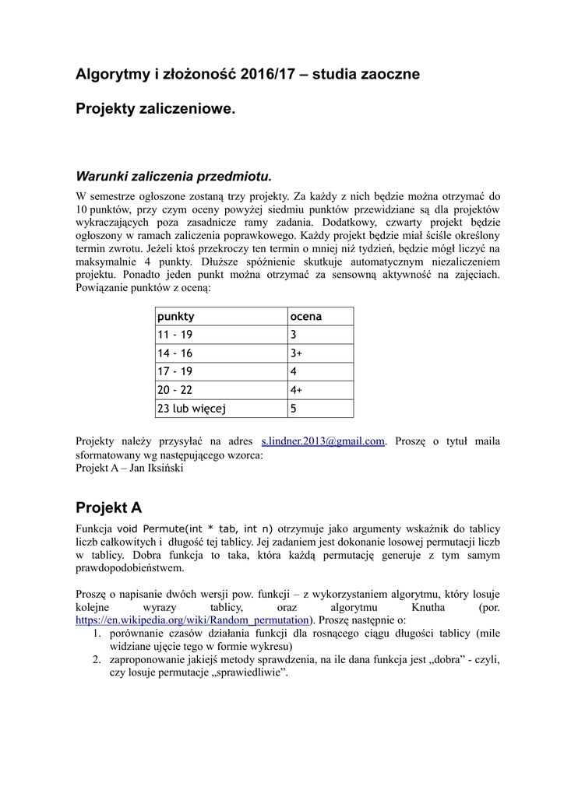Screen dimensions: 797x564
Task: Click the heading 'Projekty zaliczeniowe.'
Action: (155, 110)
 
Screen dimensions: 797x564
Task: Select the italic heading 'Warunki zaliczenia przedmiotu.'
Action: (173, 175)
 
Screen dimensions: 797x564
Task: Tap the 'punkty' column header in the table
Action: (176, 317)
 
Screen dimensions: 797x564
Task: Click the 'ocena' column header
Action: (306, 317)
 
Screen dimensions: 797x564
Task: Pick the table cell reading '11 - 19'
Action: (175, 335)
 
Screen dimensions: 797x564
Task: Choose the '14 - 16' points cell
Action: (175, 353)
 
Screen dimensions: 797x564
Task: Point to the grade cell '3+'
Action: (297, 353)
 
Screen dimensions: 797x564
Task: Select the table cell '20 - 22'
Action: (175, 390)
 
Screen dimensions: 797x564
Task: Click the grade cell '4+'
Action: (297, 390)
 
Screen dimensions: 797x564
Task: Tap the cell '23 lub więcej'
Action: (192, 408)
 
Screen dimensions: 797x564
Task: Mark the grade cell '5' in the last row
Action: (294, 408)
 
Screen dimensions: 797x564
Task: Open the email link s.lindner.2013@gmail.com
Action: (323, 441)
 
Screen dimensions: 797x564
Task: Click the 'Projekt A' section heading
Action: (108, 508)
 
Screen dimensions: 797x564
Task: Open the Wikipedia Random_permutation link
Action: (192, 620)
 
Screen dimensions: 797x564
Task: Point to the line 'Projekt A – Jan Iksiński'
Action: (129, 468)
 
